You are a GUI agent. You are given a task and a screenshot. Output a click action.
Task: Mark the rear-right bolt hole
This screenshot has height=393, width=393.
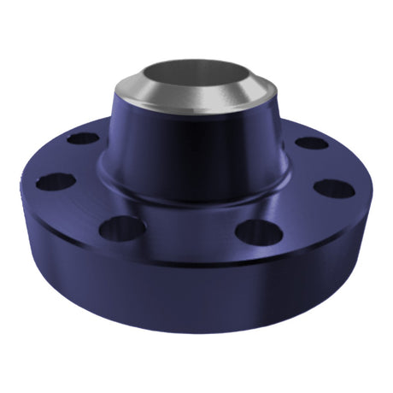[x=309, y=142]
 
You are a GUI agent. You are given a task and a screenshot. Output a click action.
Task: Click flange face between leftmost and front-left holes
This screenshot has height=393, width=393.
[x=81, y=209]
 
